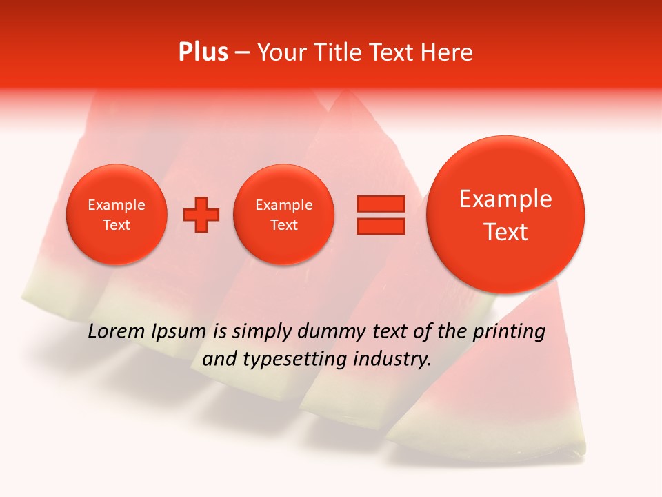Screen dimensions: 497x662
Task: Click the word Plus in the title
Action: tap(203, 52)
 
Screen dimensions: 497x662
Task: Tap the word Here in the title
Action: tap(447, 52)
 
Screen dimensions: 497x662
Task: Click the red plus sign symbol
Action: tap(201, 215)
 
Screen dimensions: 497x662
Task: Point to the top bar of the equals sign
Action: tap(381, 204)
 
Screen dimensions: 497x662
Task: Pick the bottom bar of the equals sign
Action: tap(381, 226)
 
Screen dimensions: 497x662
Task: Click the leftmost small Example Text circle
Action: tap(117, 215)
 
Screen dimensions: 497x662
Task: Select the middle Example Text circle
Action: tap(284, 215)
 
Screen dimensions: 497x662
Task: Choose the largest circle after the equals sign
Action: tap(505, 215)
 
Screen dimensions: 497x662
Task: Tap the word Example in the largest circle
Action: tap(505, 199)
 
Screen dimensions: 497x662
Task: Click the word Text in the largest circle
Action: tap(505, 232)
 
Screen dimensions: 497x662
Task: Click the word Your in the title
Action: tap(281, 52)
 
